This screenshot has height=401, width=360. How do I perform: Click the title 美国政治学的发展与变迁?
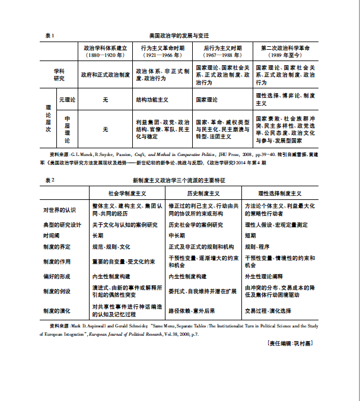point(180,36)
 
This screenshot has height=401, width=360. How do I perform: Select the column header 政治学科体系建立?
point(105,47)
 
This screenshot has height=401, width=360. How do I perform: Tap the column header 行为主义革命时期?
point(163,47)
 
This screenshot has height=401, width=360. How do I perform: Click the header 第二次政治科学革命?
point(286,47)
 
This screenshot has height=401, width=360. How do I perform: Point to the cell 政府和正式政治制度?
point(105,75)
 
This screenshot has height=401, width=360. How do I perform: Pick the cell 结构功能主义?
point(152,100)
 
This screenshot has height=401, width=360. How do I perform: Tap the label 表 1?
point(50,36)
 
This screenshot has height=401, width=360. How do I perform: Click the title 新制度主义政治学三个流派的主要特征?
point(180,179)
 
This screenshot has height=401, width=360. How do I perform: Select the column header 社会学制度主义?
point(128,193)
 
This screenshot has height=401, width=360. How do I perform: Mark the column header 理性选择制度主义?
point(280,193)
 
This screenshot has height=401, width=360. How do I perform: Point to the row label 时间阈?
point(52,235)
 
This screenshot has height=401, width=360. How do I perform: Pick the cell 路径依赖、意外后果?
point(193,311)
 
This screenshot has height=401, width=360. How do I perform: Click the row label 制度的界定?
point(56,246)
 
